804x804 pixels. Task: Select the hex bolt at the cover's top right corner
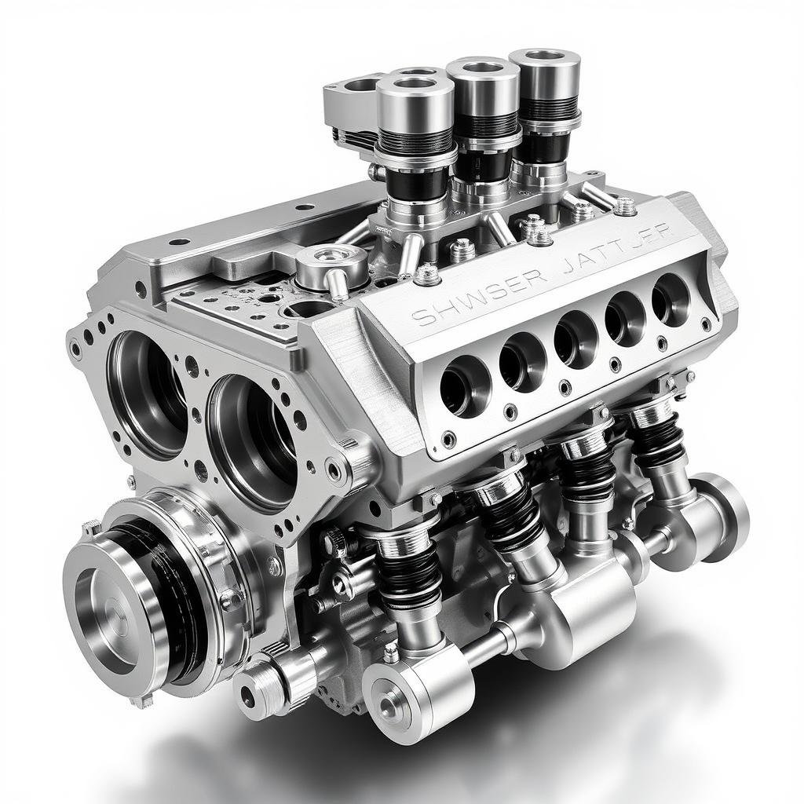click(x=625, y=206)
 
